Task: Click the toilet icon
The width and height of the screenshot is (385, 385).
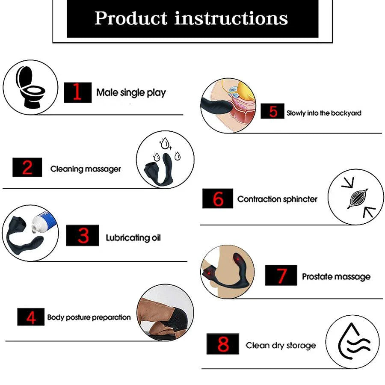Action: (30, 88)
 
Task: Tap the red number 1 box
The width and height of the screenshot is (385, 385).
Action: (77, 92)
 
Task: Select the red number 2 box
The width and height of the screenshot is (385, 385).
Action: (27, 167)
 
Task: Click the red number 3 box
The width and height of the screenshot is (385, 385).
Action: (83, 235)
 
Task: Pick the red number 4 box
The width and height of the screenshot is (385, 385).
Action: (31, 317)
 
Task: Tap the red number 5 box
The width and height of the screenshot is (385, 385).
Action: (272, 112)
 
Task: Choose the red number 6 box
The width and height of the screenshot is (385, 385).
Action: (218, 198)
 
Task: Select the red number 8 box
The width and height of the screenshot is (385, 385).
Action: (223, 344)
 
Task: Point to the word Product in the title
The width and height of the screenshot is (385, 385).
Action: (131, 18)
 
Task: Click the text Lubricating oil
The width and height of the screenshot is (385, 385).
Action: (133, 237)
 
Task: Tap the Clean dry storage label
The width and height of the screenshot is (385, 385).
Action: (281, 345)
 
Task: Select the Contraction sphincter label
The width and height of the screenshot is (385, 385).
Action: (277, 199)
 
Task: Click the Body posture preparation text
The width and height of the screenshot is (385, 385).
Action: (89, 317)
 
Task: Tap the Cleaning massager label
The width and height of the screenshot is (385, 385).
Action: (86, 169)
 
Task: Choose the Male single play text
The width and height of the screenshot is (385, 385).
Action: (131, 92)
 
